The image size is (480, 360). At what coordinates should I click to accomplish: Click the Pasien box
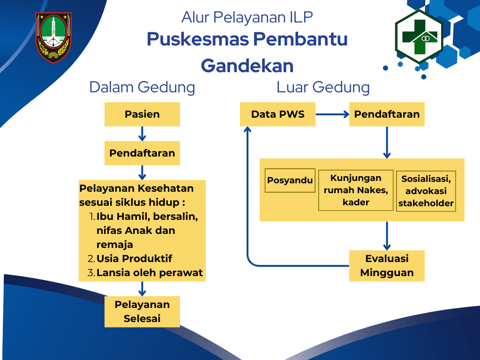pyautogui.click(x=142, y=114)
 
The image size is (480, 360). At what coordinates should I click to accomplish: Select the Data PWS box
pyautogui.click(x=277, y=114)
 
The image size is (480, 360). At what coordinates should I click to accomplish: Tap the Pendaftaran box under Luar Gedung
pyautogui.click(x=387, y=114)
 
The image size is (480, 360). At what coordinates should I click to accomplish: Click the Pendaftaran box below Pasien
pyautogui.click(x=142, y=153)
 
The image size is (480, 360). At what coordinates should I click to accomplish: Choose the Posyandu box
pyautogui.click(x=290, y=180)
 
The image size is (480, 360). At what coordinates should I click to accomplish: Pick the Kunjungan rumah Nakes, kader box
pyautogui.click(x=356, y=190)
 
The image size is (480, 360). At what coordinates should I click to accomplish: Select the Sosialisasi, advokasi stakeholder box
pyautogui.click(x=426, y=191)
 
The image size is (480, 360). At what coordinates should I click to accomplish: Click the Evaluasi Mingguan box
pyautogui.click(x=387, y=266)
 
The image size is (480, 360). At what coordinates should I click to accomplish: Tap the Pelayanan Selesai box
pyautogui.click(x=142, y=312)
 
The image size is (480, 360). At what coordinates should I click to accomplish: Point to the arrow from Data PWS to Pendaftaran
pyautogui.click(x=332, y=114)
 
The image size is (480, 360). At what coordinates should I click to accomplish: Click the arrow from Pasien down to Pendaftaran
pyautogui.click(x=142, y=134)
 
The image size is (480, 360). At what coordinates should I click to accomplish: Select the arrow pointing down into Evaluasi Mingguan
pyautogui.click(x=387, y=236)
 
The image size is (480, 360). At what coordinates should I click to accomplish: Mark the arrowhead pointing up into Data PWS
pyautogui.click(x=247, y=129)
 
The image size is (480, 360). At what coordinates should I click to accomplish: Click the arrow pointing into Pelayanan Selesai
pyautogui.click(x=142, y=289)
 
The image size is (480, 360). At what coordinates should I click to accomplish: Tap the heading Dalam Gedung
pyautogui.click(x=142, y=87)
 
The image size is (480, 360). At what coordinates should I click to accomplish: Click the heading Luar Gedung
pyautogui.click(x=323, y=87)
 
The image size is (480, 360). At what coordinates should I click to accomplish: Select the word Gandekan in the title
pyautogui.click(x=247, y=66)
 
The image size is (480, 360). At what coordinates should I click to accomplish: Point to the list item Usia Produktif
pyautogui.click(x=134, y=259)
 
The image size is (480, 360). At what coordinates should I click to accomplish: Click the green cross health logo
pyautogui.click(x=419, y=37)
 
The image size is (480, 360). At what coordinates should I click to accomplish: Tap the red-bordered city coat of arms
pyautogui.click(x=53, y=37)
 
